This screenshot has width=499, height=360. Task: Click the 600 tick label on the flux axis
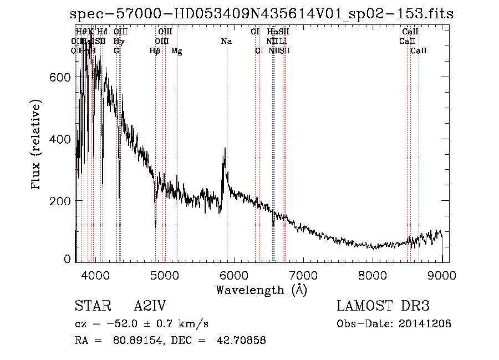[x=59, y=78]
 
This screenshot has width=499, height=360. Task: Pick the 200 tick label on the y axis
[x=59, y=200]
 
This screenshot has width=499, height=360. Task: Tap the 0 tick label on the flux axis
[x=68, y=259]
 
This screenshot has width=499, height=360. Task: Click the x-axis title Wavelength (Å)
[x=261, y=290]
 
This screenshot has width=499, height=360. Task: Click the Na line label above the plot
[x=226, y=41]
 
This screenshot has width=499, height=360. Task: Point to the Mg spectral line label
[x=177, y=51]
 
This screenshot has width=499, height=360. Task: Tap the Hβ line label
[x=155, y=51]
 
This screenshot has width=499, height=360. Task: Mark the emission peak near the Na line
[x=225, y=149]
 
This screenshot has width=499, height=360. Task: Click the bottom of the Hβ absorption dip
[x=155, y=225]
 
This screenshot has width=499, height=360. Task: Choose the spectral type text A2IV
[x=150, y=306]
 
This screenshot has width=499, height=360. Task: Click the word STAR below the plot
[x=91, y=306]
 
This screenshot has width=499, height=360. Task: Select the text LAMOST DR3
[x=383, y=306]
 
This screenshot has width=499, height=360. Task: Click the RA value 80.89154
[x=136, y=341]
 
